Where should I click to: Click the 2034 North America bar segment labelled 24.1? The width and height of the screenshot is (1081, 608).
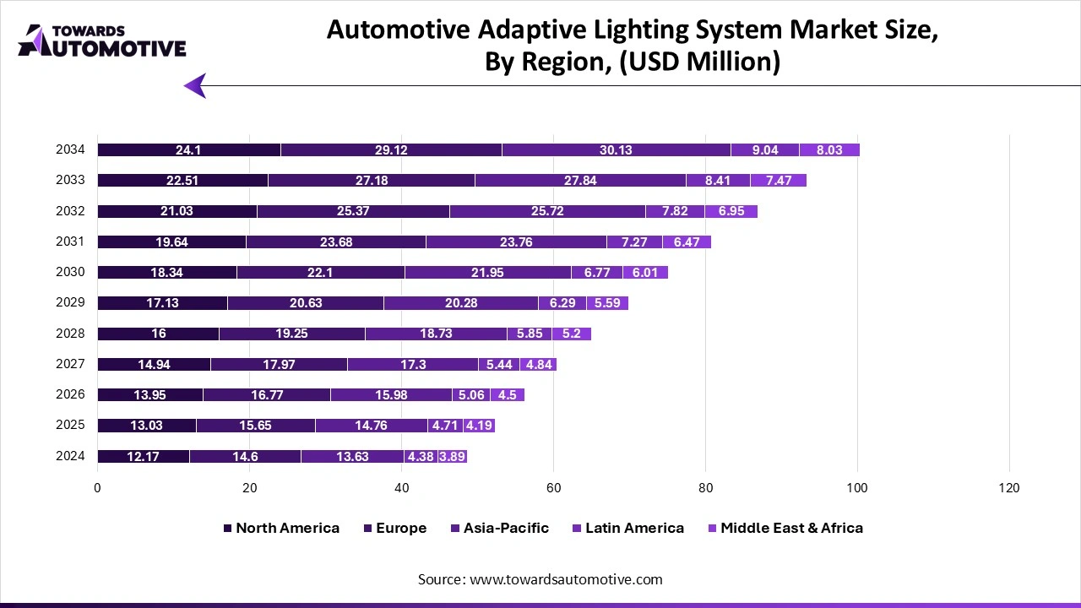[x=188, y=150]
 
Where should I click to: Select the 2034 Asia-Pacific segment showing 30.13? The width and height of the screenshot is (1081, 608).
[x=616, y=150]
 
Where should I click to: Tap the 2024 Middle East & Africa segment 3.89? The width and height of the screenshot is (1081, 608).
[x=452, y=457]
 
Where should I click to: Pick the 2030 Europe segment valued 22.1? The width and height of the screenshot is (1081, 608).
[x=320, y=272]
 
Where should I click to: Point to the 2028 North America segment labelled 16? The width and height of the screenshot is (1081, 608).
[x=158, y=334]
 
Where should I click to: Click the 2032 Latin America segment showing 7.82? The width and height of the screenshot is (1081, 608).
[x=674, y=211]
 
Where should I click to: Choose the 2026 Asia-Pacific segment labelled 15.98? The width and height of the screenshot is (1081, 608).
[x=391, y=394]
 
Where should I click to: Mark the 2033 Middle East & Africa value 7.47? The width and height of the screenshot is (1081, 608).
[x=778, y=181]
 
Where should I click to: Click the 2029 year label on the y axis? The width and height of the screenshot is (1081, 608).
[x=70, y=302]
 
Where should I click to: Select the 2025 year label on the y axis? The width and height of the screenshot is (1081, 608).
[x=70, y=425]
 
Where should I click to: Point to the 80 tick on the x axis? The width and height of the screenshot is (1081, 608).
[x=705, y=488]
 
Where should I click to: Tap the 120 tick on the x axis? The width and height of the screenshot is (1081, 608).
[x=1008, y=488]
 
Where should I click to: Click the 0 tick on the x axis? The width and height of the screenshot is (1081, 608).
[x=97, y=488]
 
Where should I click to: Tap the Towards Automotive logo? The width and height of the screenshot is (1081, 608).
[x=101, y=41]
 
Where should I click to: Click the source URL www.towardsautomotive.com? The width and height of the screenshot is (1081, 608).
[x=566, y=579]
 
